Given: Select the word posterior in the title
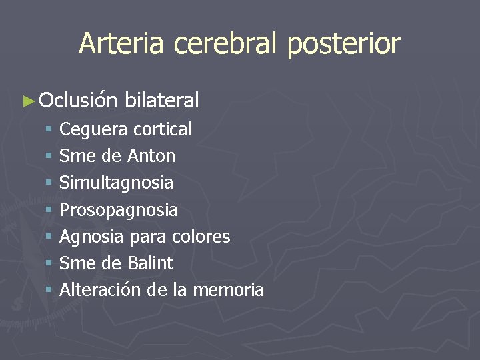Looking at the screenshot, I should pos(344,44).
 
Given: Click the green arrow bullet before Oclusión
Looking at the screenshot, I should pos(27,101).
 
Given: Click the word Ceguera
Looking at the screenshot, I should pos(93,129).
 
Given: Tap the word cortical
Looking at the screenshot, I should pos(163,129).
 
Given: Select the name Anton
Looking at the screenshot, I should pos(151,156).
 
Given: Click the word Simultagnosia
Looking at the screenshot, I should pos(116,183).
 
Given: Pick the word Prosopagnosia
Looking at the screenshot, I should pos(119,211).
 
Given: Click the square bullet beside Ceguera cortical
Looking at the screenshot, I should pos(49,129).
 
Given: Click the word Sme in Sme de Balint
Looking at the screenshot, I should pos(76,263).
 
